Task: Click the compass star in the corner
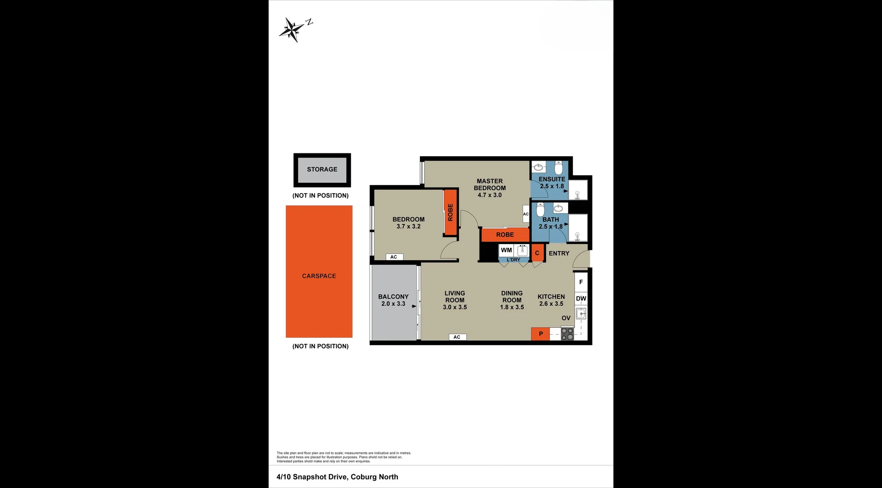(x=291, y=30)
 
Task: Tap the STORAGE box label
(x=322, y=169)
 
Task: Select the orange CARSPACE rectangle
(x=319, y=272)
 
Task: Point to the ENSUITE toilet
(x=559, y=168)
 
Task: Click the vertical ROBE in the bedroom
(x=451, y=213)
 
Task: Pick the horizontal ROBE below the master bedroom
(x=505, y=235)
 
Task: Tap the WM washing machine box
(x=506, y=251)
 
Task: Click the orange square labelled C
(x=537, y=253)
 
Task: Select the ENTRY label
(x=559, y=253)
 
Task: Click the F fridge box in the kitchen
(x=581, y=282)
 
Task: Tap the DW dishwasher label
(x=581, y=298)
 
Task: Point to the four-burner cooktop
(x=567, y=334)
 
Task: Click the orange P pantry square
(x=541, y=334)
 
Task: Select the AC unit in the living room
(x=457, y=337)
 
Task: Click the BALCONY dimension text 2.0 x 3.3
(x=393, y=304)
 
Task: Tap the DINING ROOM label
(x=512, y=297)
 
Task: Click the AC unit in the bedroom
(x=394, y=257)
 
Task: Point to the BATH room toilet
(x=541, y=209)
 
